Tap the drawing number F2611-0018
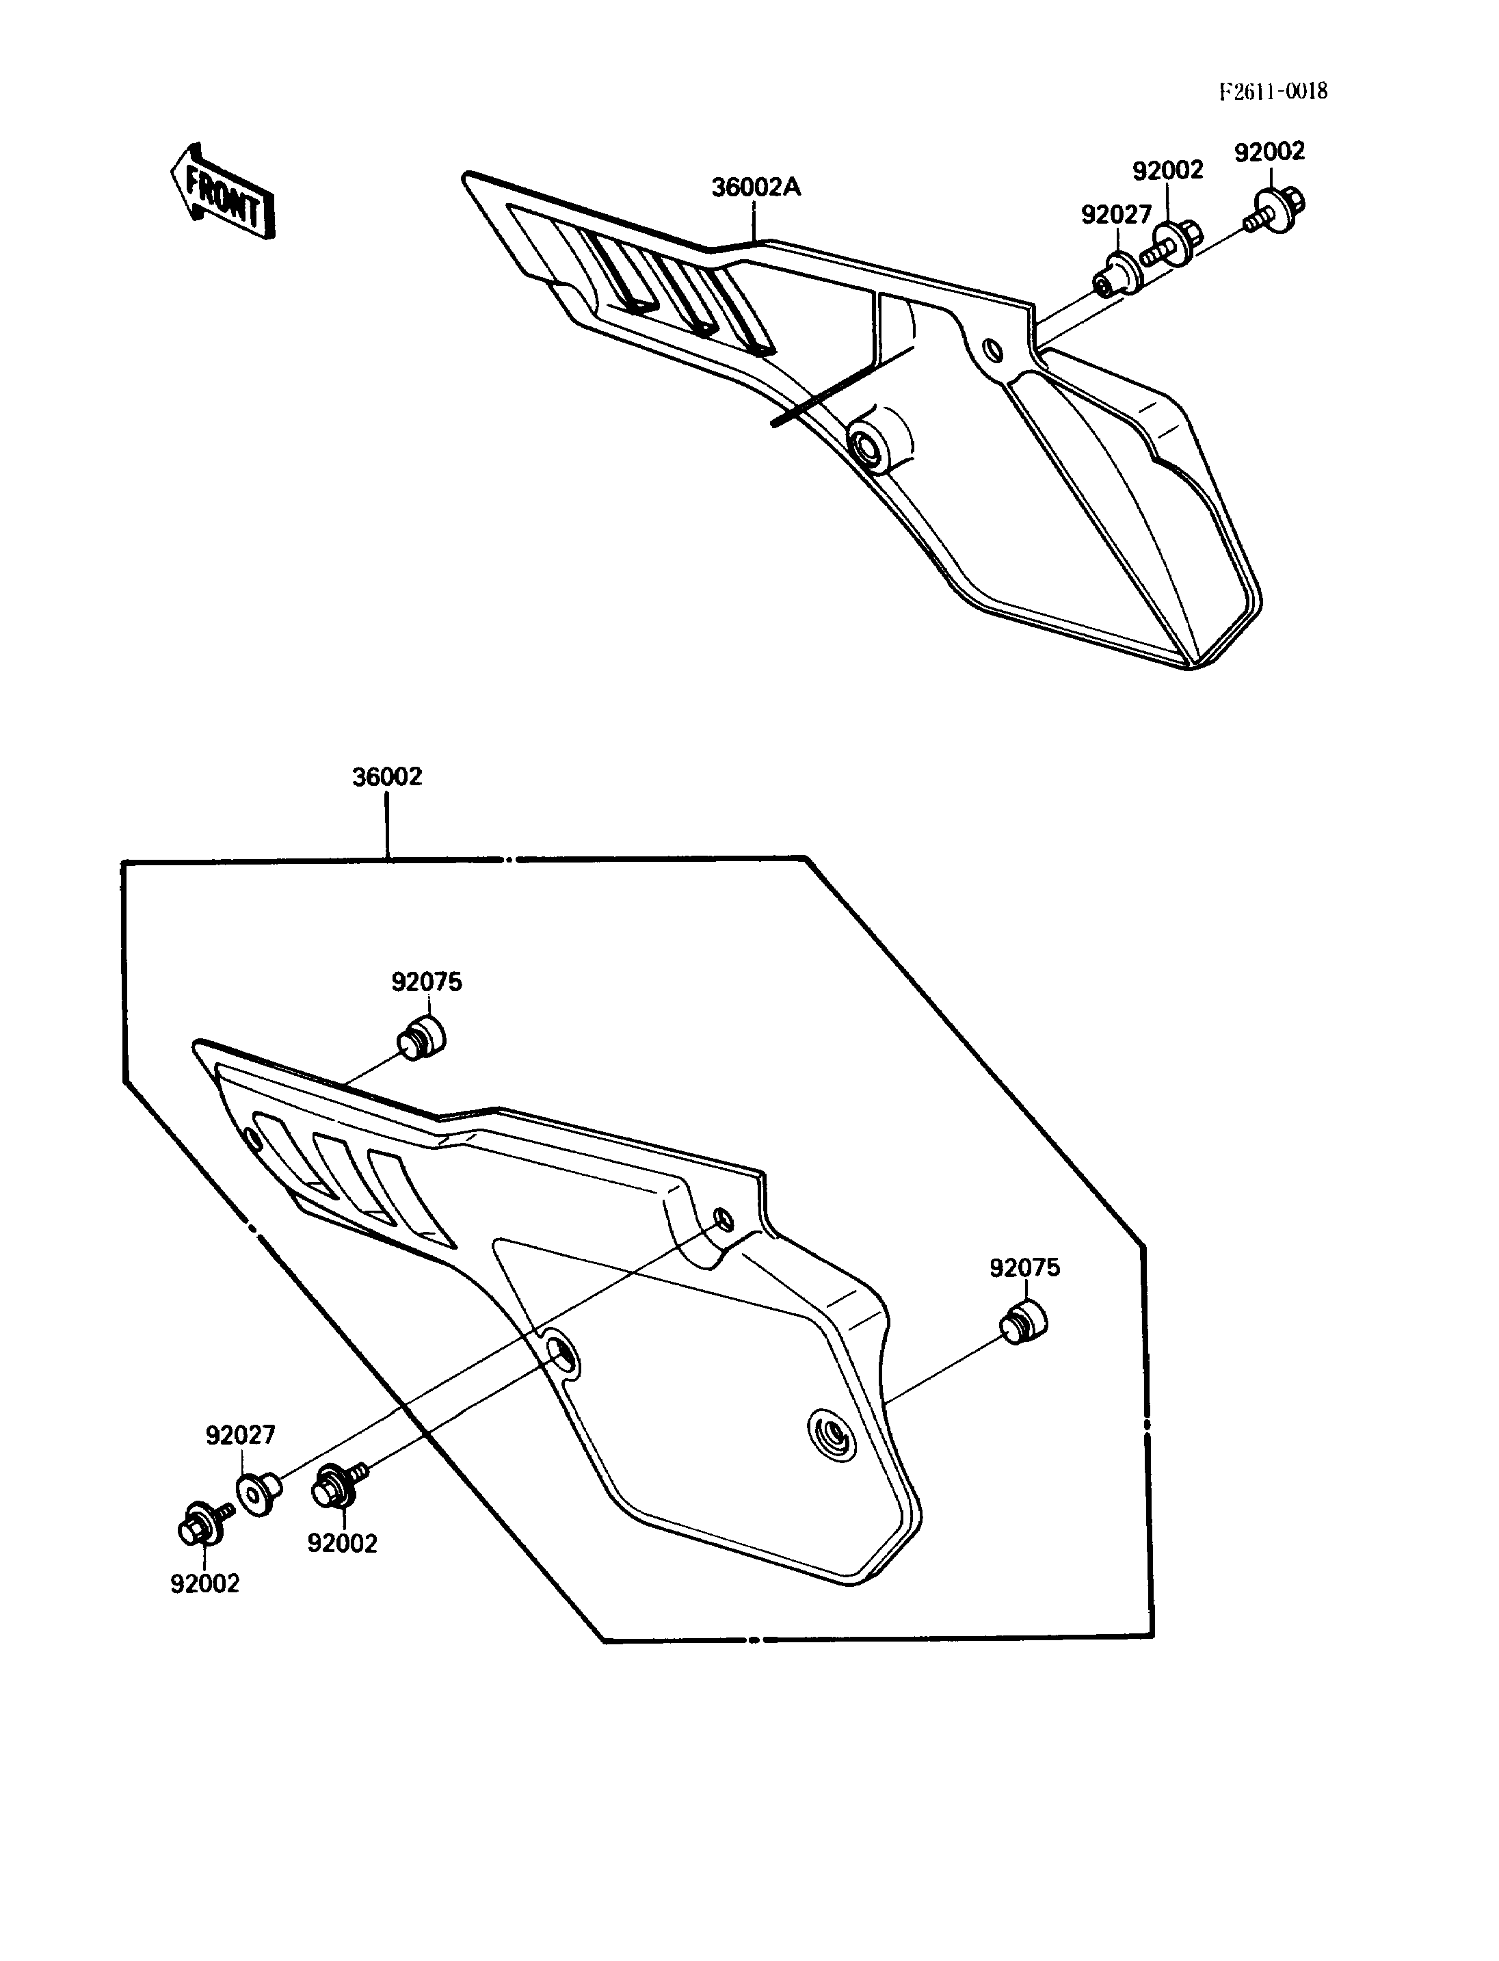pyautogui.click(x=1273, y=91)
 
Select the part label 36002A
pyautogui.click(x=756, y=187)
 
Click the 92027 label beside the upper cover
pyautogui.click(x=1116, y=214)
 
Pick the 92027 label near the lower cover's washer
pyautogui.click(x=241, y=1434)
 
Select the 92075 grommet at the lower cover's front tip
pyautogui.click(x=421, y=1037)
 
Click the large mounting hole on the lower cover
pyautogui.click(x=562, y=1359)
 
